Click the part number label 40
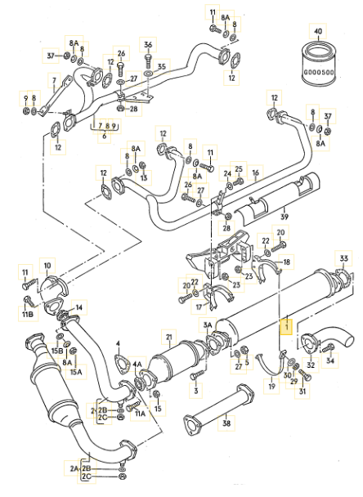pos(318,31)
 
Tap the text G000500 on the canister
pos(318,72)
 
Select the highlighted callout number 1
pos(286,327)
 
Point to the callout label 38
pos(226,423)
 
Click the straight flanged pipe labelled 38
pos(218,410)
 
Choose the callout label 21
pos(169,337)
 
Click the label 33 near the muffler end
pos(343,258)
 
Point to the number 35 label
pos(162,66)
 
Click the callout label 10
pos(47,266)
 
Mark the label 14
pos(79,307)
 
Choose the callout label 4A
pos(137,365)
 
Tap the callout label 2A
pos(74,468)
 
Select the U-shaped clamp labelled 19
pos(272,364)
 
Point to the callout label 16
pos(256,172)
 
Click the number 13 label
pos(144,177)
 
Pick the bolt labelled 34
pos(328,347)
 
